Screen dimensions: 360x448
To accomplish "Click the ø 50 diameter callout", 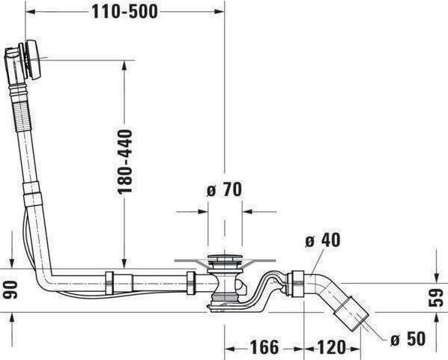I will click(x=408, y=338).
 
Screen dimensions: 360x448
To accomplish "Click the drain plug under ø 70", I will click(x=225, y=262).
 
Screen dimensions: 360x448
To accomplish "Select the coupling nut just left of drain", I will click(x=192, y=283).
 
